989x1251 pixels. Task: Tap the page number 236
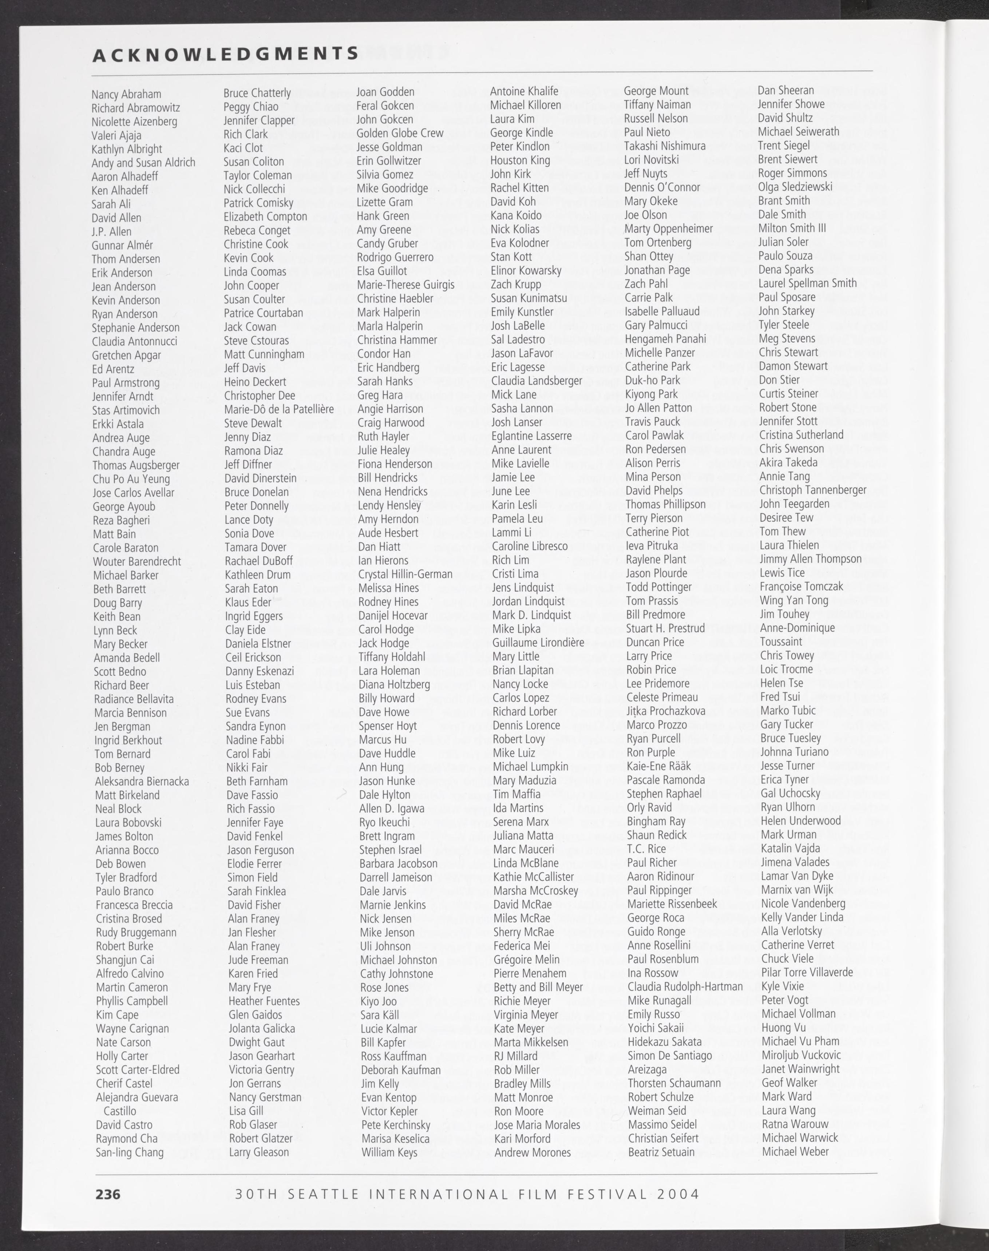click(108, 1194)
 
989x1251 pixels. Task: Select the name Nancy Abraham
click(126, 94)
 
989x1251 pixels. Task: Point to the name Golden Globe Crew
click(400, 133)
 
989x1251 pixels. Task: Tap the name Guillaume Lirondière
click(538, 643)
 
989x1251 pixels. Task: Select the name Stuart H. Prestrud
click(665, 628)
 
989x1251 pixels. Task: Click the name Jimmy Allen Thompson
click(811, 559)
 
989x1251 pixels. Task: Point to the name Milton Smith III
click(792, 228)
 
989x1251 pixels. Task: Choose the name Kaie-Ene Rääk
click(659, 766)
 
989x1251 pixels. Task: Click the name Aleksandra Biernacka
click(142, 782)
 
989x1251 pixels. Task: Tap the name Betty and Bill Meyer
click(538, 987)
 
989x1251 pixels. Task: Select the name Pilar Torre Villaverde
click(807, 973)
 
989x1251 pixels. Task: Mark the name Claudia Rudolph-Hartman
click(685, 986)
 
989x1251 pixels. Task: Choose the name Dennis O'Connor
click(662, 187)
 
